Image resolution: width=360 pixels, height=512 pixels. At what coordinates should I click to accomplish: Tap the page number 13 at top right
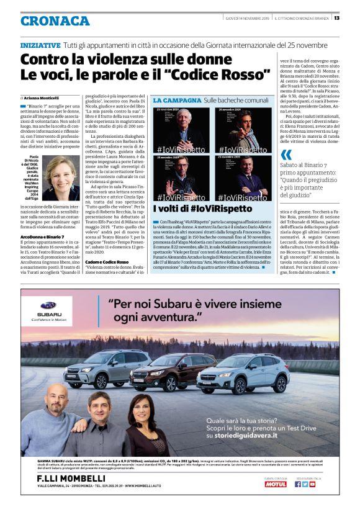point(353,17)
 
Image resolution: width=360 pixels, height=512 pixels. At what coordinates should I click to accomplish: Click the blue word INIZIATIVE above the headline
point(40,45)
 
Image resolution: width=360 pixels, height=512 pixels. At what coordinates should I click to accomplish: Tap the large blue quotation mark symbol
point(286,155)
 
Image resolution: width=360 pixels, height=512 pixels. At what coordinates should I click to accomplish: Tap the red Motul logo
point(276,484)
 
